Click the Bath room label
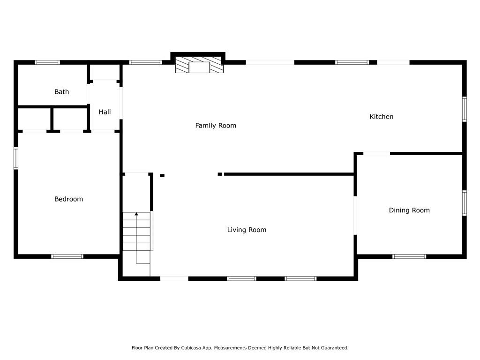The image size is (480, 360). pyautogui.click(x=61, y=91)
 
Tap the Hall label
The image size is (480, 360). pyautogui.click(x=105, y=112)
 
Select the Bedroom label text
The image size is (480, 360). pyautogui.click(x=68, y=199)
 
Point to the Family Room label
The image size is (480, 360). pyautogui.click(x=216, y=125)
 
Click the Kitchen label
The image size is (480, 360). pyautogui.click(x=382, y=116)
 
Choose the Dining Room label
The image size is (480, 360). pyautogui.click(x=409, y=210)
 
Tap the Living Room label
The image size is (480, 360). pyautogui.click(x=247, y=230)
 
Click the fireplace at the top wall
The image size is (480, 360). pyautogui.click(x=199, y=65)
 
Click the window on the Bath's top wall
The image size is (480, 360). pyautogui.click(x=47, y=62)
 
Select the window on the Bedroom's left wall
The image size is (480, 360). pyautogui.click(x=16, y=158)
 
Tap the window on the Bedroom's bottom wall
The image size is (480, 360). pyautogui.click(x=67, y=256)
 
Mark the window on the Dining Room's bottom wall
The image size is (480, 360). pyautogui.click(x=409, y=256)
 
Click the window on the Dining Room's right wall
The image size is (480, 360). pyautogui.click(x=465, y=203)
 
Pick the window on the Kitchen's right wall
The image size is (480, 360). pyautogui.click(x=465, y=109)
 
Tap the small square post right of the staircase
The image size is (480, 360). pyautogui.click(x=162, y=176)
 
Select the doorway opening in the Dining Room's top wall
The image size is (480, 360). pyautogui.click(x=376, y=153)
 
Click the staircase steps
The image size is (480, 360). pyautogui.click(x=136, y=232)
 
